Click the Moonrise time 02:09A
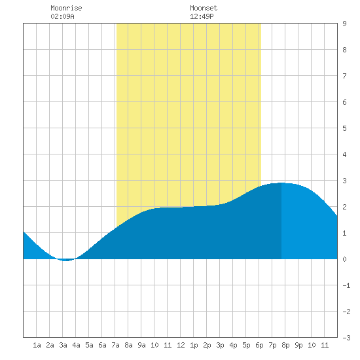point(62,16)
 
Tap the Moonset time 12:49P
point(202,16)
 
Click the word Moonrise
point(66,8)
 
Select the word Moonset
point(204,8)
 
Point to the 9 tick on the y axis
point(344,24)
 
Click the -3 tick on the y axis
point(346,338)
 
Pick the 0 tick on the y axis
point(344,259)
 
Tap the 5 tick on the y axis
point(344,128)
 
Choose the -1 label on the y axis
point(346,285)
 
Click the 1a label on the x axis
point(37,345)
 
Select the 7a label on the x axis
point(115,345)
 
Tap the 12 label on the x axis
point(181,345)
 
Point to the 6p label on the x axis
point(259,345)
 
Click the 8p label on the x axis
point(285,345)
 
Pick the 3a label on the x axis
point(63,345)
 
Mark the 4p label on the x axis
point(233,345)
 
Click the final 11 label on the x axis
point(325,345)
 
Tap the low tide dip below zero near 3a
point(66,261)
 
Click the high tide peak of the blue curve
point(281,183)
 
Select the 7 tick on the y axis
point(344,76)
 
